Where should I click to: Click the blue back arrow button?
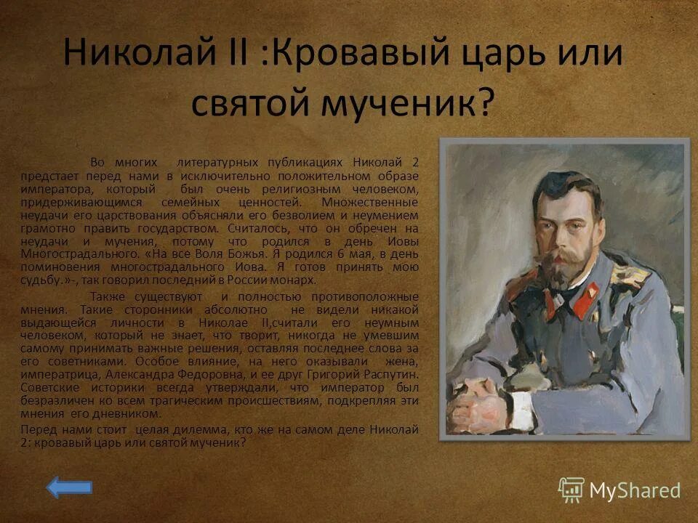tap(70, 487)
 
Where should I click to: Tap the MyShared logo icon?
tap(571, 490)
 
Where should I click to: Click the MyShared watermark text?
tap(634, 491)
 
